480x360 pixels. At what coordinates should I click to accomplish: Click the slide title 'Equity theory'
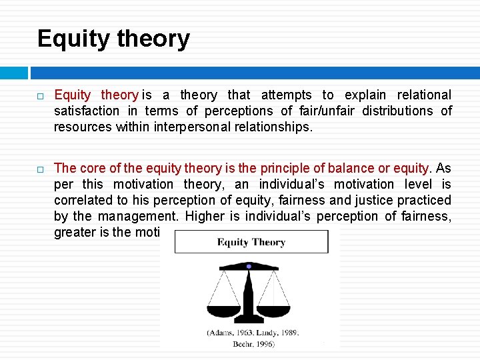[x=113, y=39]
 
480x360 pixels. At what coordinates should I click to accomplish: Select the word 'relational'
[x=424, y=95]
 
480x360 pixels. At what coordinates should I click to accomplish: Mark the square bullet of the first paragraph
[x=41, y=96]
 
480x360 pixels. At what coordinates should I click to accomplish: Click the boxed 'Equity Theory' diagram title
[x=251, y=242]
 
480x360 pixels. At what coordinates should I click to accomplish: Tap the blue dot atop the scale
[x=249, y=266]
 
